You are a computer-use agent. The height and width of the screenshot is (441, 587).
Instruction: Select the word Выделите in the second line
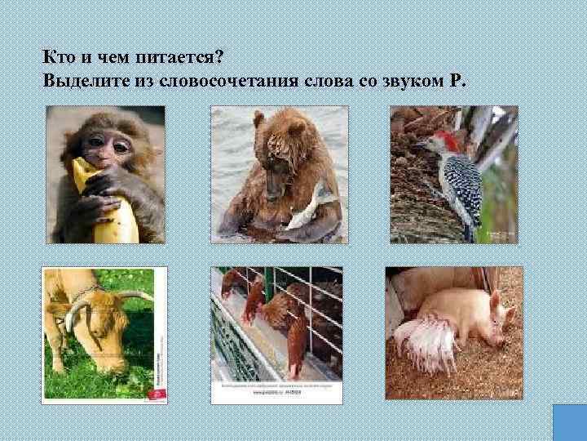[81, 82]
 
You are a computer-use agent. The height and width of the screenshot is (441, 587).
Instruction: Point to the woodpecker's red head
[446, 140]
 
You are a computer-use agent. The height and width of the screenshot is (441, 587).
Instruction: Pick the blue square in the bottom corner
[570, 422]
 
